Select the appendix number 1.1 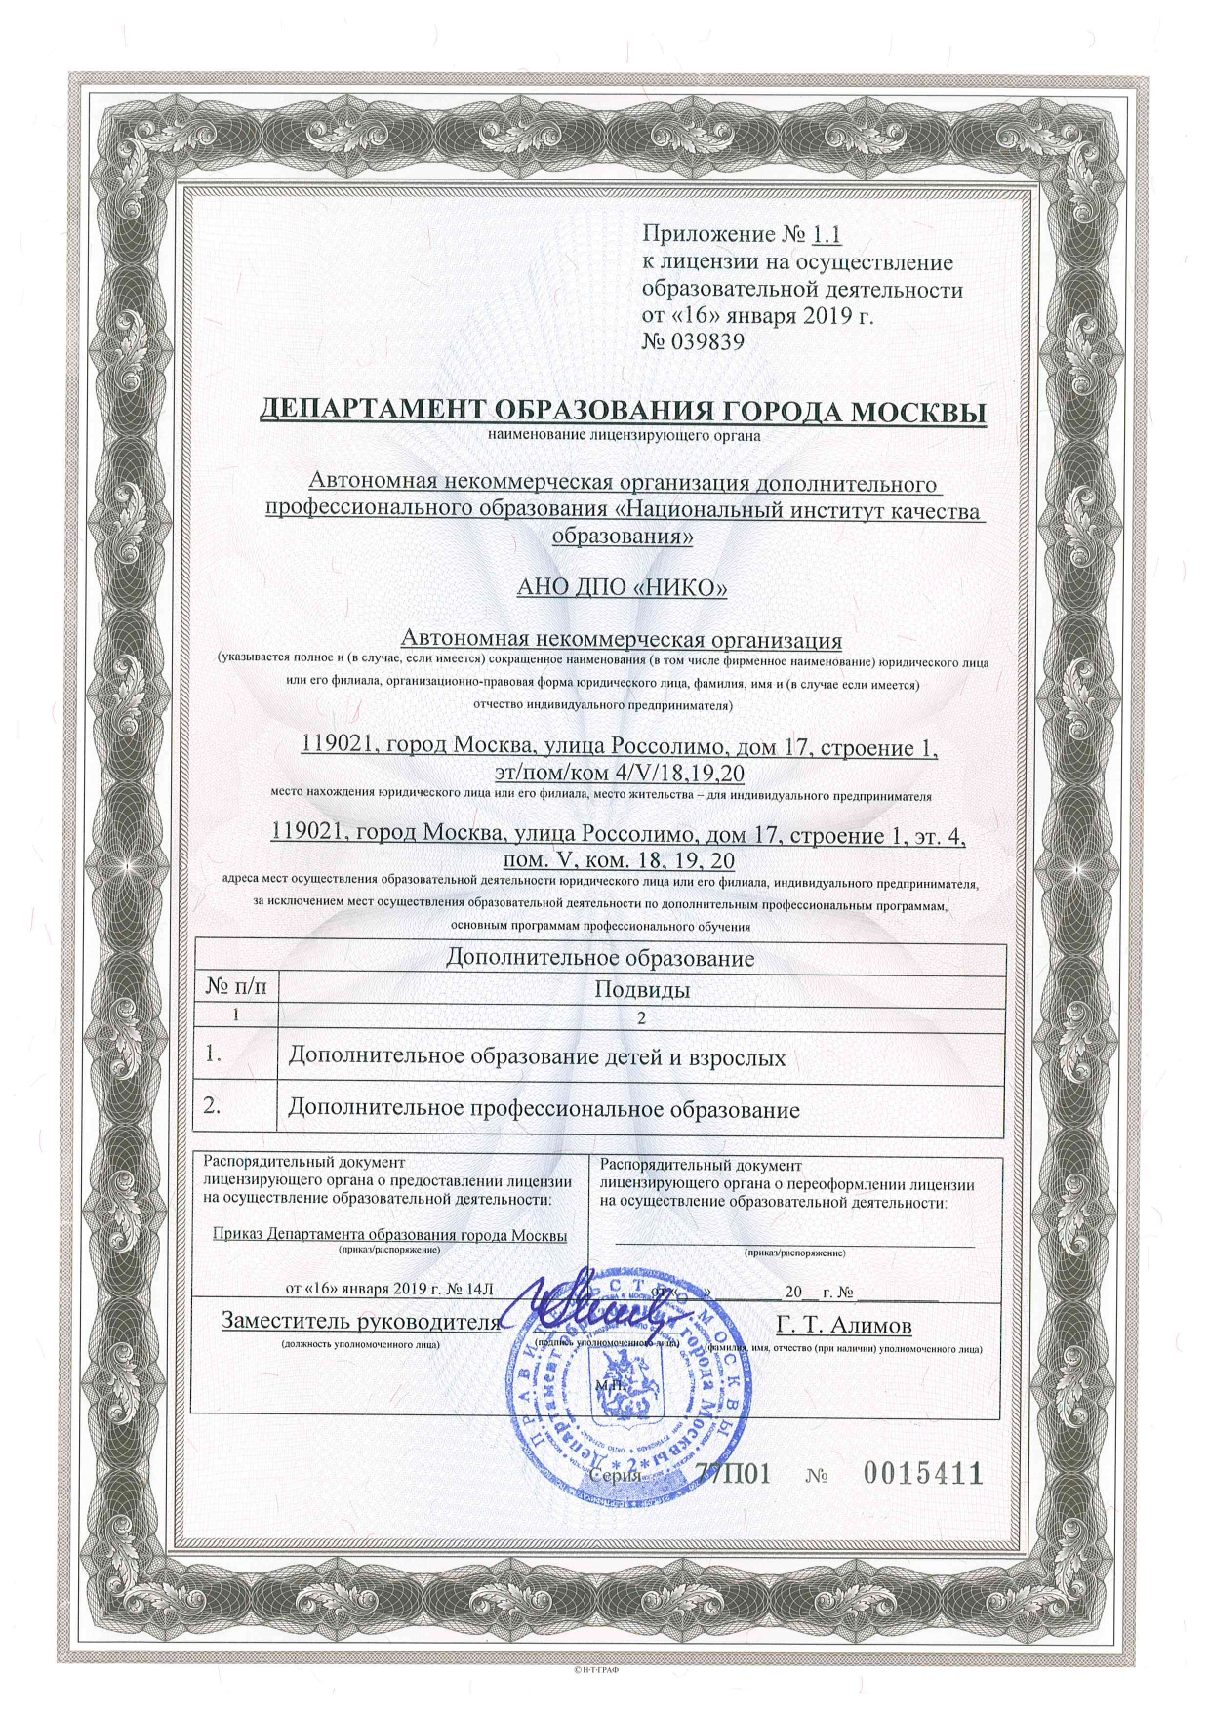tap(826, 235)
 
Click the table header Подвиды tap(642, 989)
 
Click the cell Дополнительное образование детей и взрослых tap(537, 1057)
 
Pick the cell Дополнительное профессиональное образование tap(544, 1110)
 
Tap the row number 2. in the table tap(210, 1108)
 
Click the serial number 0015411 tap(922, 1474)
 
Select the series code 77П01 tap(738, 1474)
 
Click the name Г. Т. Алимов tap(845, 1324)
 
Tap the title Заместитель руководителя tap(360, 1322)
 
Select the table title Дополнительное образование tap(600, 958)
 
